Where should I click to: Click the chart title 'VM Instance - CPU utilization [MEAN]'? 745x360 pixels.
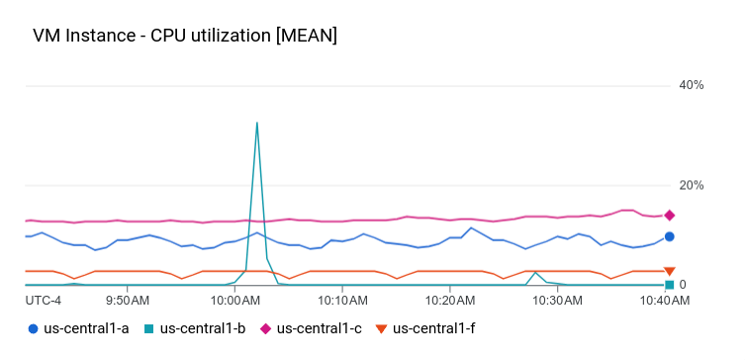[185, 37]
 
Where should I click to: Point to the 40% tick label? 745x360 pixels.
[691, 86]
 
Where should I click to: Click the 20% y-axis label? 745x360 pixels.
[691, 186]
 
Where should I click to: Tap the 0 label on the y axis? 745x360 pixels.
[683, 285]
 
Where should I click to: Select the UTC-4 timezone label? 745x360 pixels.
[44, 300]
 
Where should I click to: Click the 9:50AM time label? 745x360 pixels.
[128, 300]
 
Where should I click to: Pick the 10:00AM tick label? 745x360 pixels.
[236, 300]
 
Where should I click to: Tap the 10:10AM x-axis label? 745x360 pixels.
[342, 300]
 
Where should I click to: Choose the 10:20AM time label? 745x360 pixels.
[449, 300]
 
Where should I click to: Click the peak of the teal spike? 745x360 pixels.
[257, 124]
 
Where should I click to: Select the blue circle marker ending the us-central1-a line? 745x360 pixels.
[670, 236]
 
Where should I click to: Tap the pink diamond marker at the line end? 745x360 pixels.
[670, 215]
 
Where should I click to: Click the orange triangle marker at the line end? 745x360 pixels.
[670, 271]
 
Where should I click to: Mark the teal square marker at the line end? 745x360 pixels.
[670, 285]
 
